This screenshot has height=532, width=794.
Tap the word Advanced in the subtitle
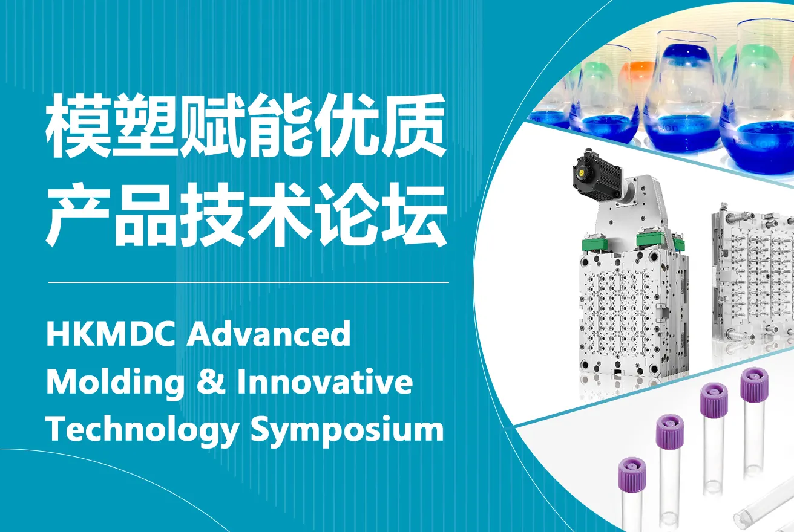click(269, 333)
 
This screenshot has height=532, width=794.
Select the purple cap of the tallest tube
click(754, 385)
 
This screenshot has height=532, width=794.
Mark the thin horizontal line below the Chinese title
click(249, 282)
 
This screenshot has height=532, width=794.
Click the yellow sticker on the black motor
click(582, 172)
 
